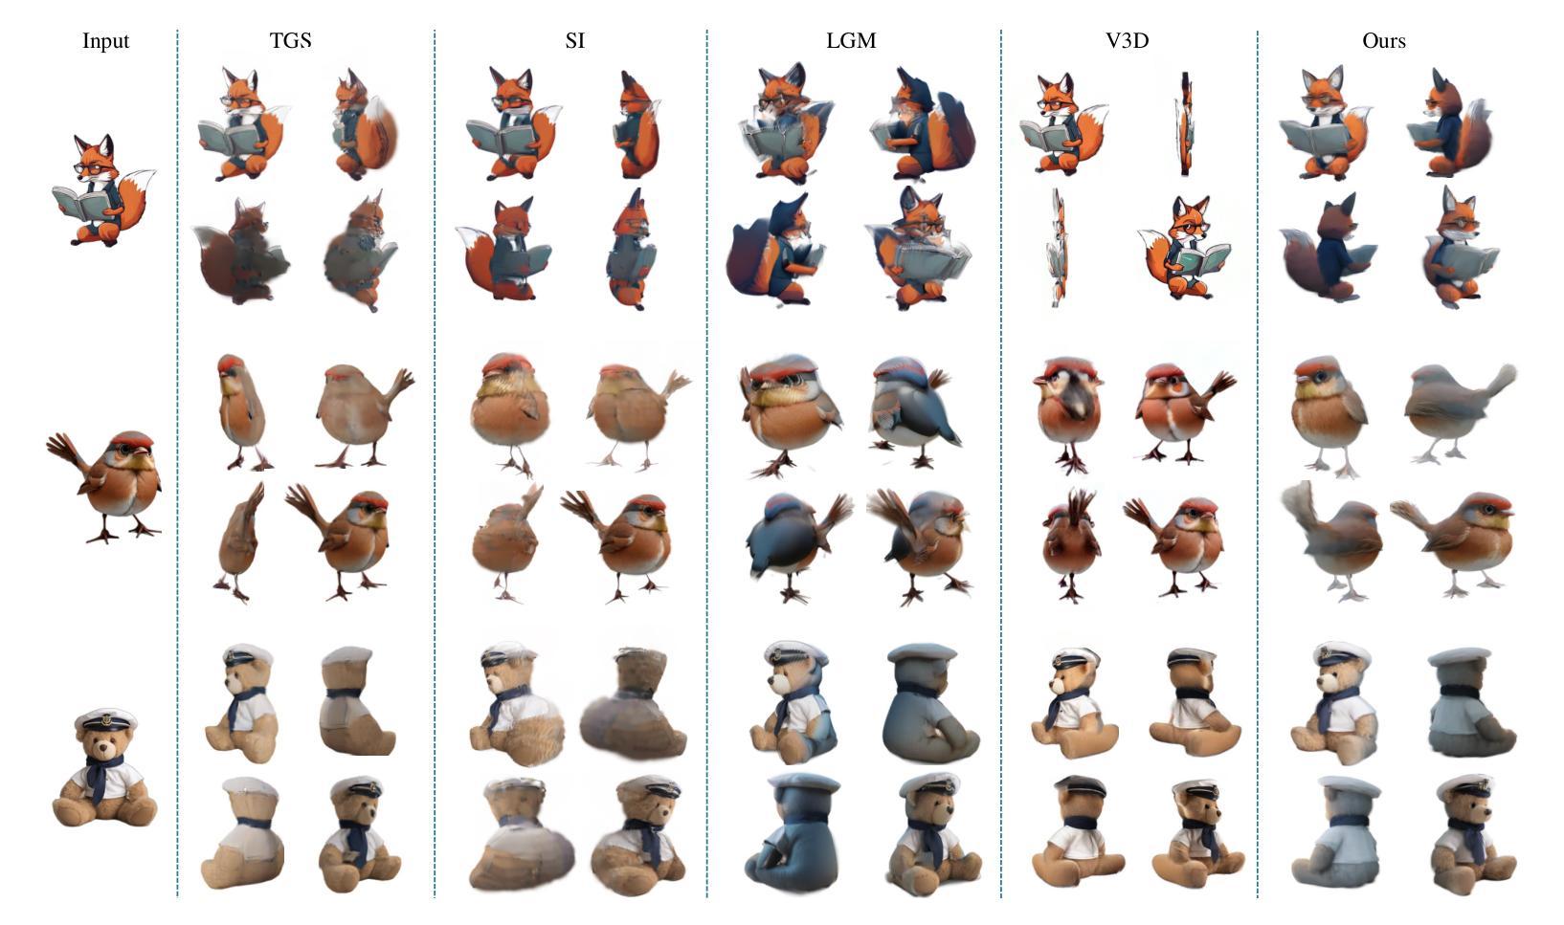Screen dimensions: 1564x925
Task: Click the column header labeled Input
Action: pos(105,41)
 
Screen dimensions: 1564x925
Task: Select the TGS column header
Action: pos(290,40)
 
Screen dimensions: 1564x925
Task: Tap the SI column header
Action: pos(574,40)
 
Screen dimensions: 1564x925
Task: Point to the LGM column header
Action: pos(850,40)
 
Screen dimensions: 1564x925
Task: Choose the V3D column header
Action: pos(1127,40)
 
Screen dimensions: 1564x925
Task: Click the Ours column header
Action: pos(1384,40)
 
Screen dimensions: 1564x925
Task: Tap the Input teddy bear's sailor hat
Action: pos(105,719)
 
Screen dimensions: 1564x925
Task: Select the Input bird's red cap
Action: pos(133,440)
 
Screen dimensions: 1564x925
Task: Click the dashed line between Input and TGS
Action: pos(177,463)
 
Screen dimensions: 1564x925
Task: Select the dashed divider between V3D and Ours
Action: pos(1258,463)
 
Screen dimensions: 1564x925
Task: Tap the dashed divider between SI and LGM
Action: pos(706,463)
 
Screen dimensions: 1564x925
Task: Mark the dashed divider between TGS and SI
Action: pos(435,463)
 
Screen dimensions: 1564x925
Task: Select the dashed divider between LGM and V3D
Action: pos(1000,463)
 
